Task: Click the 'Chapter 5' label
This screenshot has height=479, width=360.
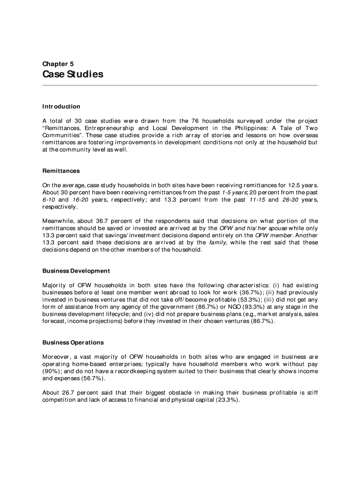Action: click(58, 64)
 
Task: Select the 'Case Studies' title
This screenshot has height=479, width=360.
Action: click(72, 74)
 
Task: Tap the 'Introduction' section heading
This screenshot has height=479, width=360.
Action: click(61, 107)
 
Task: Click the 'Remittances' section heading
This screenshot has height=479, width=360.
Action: click(61, 171)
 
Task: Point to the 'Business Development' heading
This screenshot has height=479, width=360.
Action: click(76, 271)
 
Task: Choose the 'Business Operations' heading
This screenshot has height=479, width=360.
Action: click(73, 342)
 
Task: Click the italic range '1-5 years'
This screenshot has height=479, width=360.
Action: click(234, 193)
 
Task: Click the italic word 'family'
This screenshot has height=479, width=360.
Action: click(217, 242)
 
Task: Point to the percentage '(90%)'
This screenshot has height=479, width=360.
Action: click(51, 371)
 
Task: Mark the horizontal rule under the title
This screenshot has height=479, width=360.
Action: click(180, 86)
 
